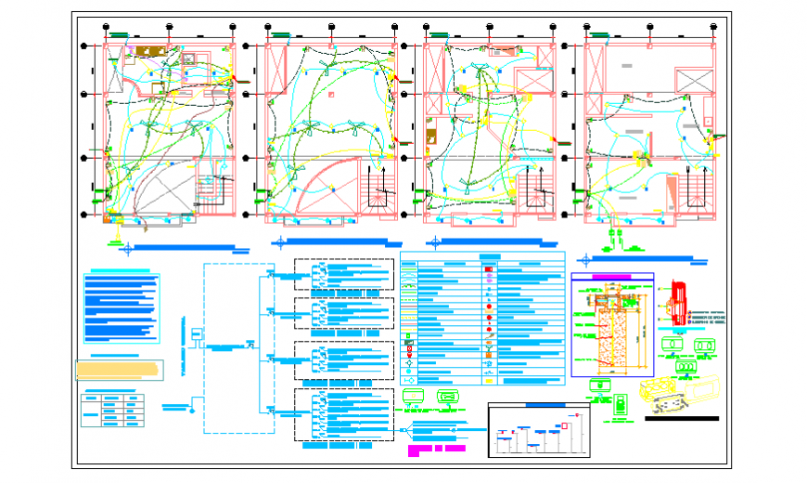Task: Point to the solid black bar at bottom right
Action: tap(681, 418)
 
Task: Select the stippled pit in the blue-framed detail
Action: tap(611, 338)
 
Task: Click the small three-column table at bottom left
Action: tap(113, 410)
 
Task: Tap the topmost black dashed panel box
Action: tap(343, 276)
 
